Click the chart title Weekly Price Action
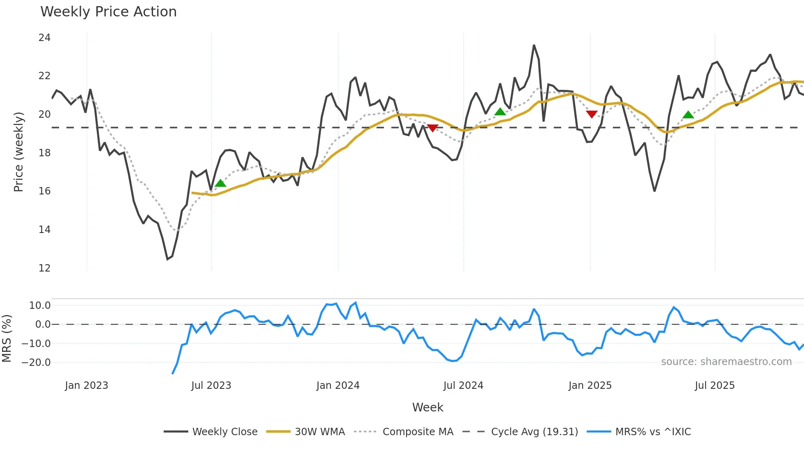point(108,12)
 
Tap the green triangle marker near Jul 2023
point(221,183)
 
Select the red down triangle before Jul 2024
point(433,128)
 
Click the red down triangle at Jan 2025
point(592,114)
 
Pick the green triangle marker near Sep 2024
point(500,112)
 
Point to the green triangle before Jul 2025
point(688,114)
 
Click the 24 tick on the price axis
point(44,38)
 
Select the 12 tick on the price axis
point(44,268)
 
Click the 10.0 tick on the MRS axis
point(40,306)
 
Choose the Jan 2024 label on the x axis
point(338,386)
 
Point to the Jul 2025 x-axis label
point(714,386)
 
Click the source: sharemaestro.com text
point(726,362)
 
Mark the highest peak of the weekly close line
point(534,46)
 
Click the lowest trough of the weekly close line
point(167,259)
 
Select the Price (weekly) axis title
point(18,152)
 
